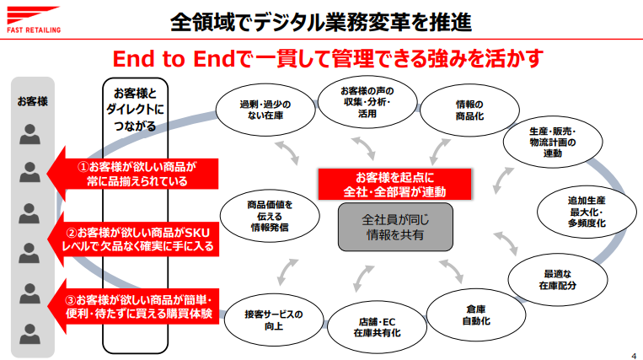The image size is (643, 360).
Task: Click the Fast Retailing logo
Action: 33,19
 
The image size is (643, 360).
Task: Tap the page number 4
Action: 634,356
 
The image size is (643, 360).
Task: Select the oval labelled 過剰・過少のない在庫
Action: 265,110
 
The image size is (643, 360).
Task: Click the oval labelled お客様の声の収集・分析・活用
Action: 367,102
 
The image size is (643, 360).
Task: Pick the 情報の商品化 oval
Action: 469,110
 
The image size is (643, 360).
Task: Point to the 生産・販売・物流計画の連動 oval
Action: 553,142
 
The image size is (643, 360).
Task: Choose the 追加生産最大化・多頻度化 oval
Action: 587,212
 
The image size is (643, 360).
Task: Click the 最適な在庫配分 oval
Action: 558,280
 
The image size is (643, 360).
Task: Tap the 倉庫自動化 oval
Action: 476,315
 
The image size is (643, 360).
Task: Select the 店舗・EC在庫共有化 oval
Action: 377,327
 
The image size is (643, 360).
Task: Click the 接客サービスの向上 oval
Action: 274,320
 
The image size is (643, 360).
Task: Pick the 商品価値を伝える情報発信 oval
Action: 270,216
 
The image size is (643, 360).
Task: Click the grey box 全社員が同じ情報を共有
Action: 395,227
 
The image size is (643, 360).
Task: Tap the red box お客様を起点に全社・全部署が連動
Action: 394,184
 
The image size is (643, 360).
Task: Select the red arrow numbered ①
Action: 132,174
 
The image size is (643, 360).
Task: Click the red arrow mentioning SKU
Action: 133,239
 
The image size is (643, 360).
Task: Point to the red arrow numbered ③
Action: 133,307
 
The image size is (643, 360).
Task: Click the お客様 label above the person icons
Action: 32,101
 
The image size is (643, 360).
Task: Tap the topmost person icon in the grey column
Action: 30,134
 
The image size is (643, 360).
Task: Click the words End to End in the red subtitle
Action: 174,59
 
